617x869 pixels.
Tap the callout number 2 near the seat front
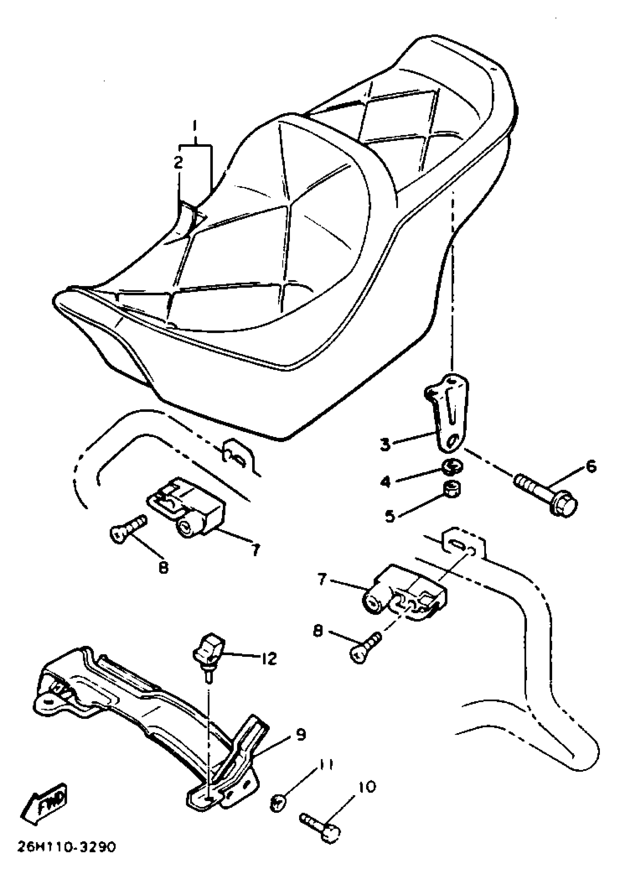178,163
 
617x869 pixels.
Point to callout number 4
385,482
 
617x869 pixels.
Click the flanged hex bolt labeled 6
547,496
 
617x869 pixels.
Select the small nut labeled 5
452,489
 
